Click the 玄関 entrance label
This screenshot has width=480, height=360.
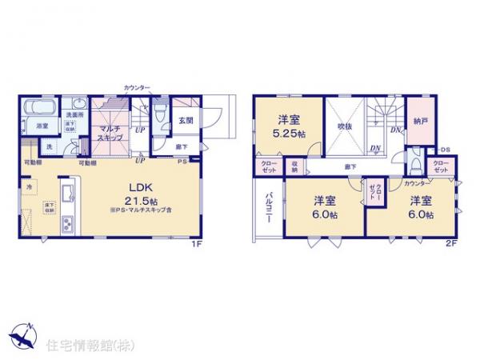point(186,121)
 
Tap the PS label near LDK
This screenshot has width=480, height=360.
point(182,163)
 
